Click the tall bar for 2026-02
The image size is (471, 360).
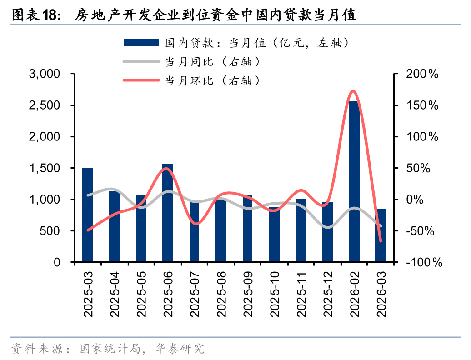(x=355, y=182)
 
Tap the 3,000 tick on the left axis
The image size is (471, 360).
(x=44, y=74)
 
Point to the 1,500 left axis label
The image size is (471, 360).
(x=44, y=168)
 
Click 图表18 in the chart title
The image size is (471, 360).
(x=36, y=15)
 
